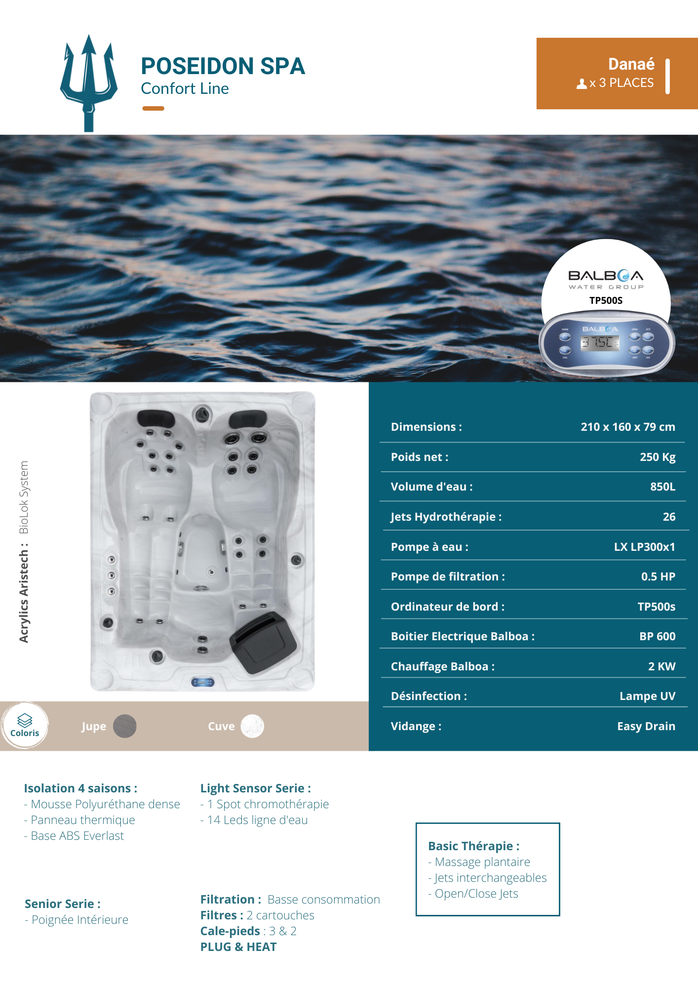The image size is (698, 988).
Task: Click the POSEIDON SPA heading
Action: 223,66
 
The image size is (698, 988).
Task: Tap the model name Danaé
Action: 631,64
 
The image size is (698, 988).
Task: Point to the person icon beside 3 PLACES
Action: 582,84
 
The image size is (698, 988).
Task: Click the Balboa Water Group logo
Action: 606,279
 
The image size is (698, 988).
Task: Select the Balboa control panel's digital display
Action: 599,342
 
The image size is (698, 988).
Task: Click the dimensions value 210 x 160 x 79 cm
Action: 627,427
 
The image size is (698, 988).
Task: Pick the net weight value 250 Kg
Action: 657,457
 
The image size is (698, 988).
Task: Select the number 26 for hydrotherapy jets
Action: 669,517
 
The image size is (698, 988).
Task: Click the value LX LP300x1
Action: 644,547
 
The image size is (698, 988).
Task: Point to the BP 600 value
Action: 657,636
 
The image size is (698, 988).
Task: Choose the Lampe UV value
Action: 647,696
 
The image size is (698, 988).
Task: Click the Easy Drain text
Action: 646,726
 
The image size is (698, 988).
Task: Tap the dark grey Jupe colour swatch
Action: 124,726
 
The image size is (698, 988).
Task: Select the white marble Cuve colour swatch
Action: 252,726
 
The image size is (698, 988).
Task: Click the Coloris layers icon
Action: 25,720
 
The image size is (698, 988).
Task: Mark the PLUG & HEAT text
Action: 238,947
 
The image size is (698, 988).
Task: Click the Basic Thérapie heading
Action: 473,846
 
